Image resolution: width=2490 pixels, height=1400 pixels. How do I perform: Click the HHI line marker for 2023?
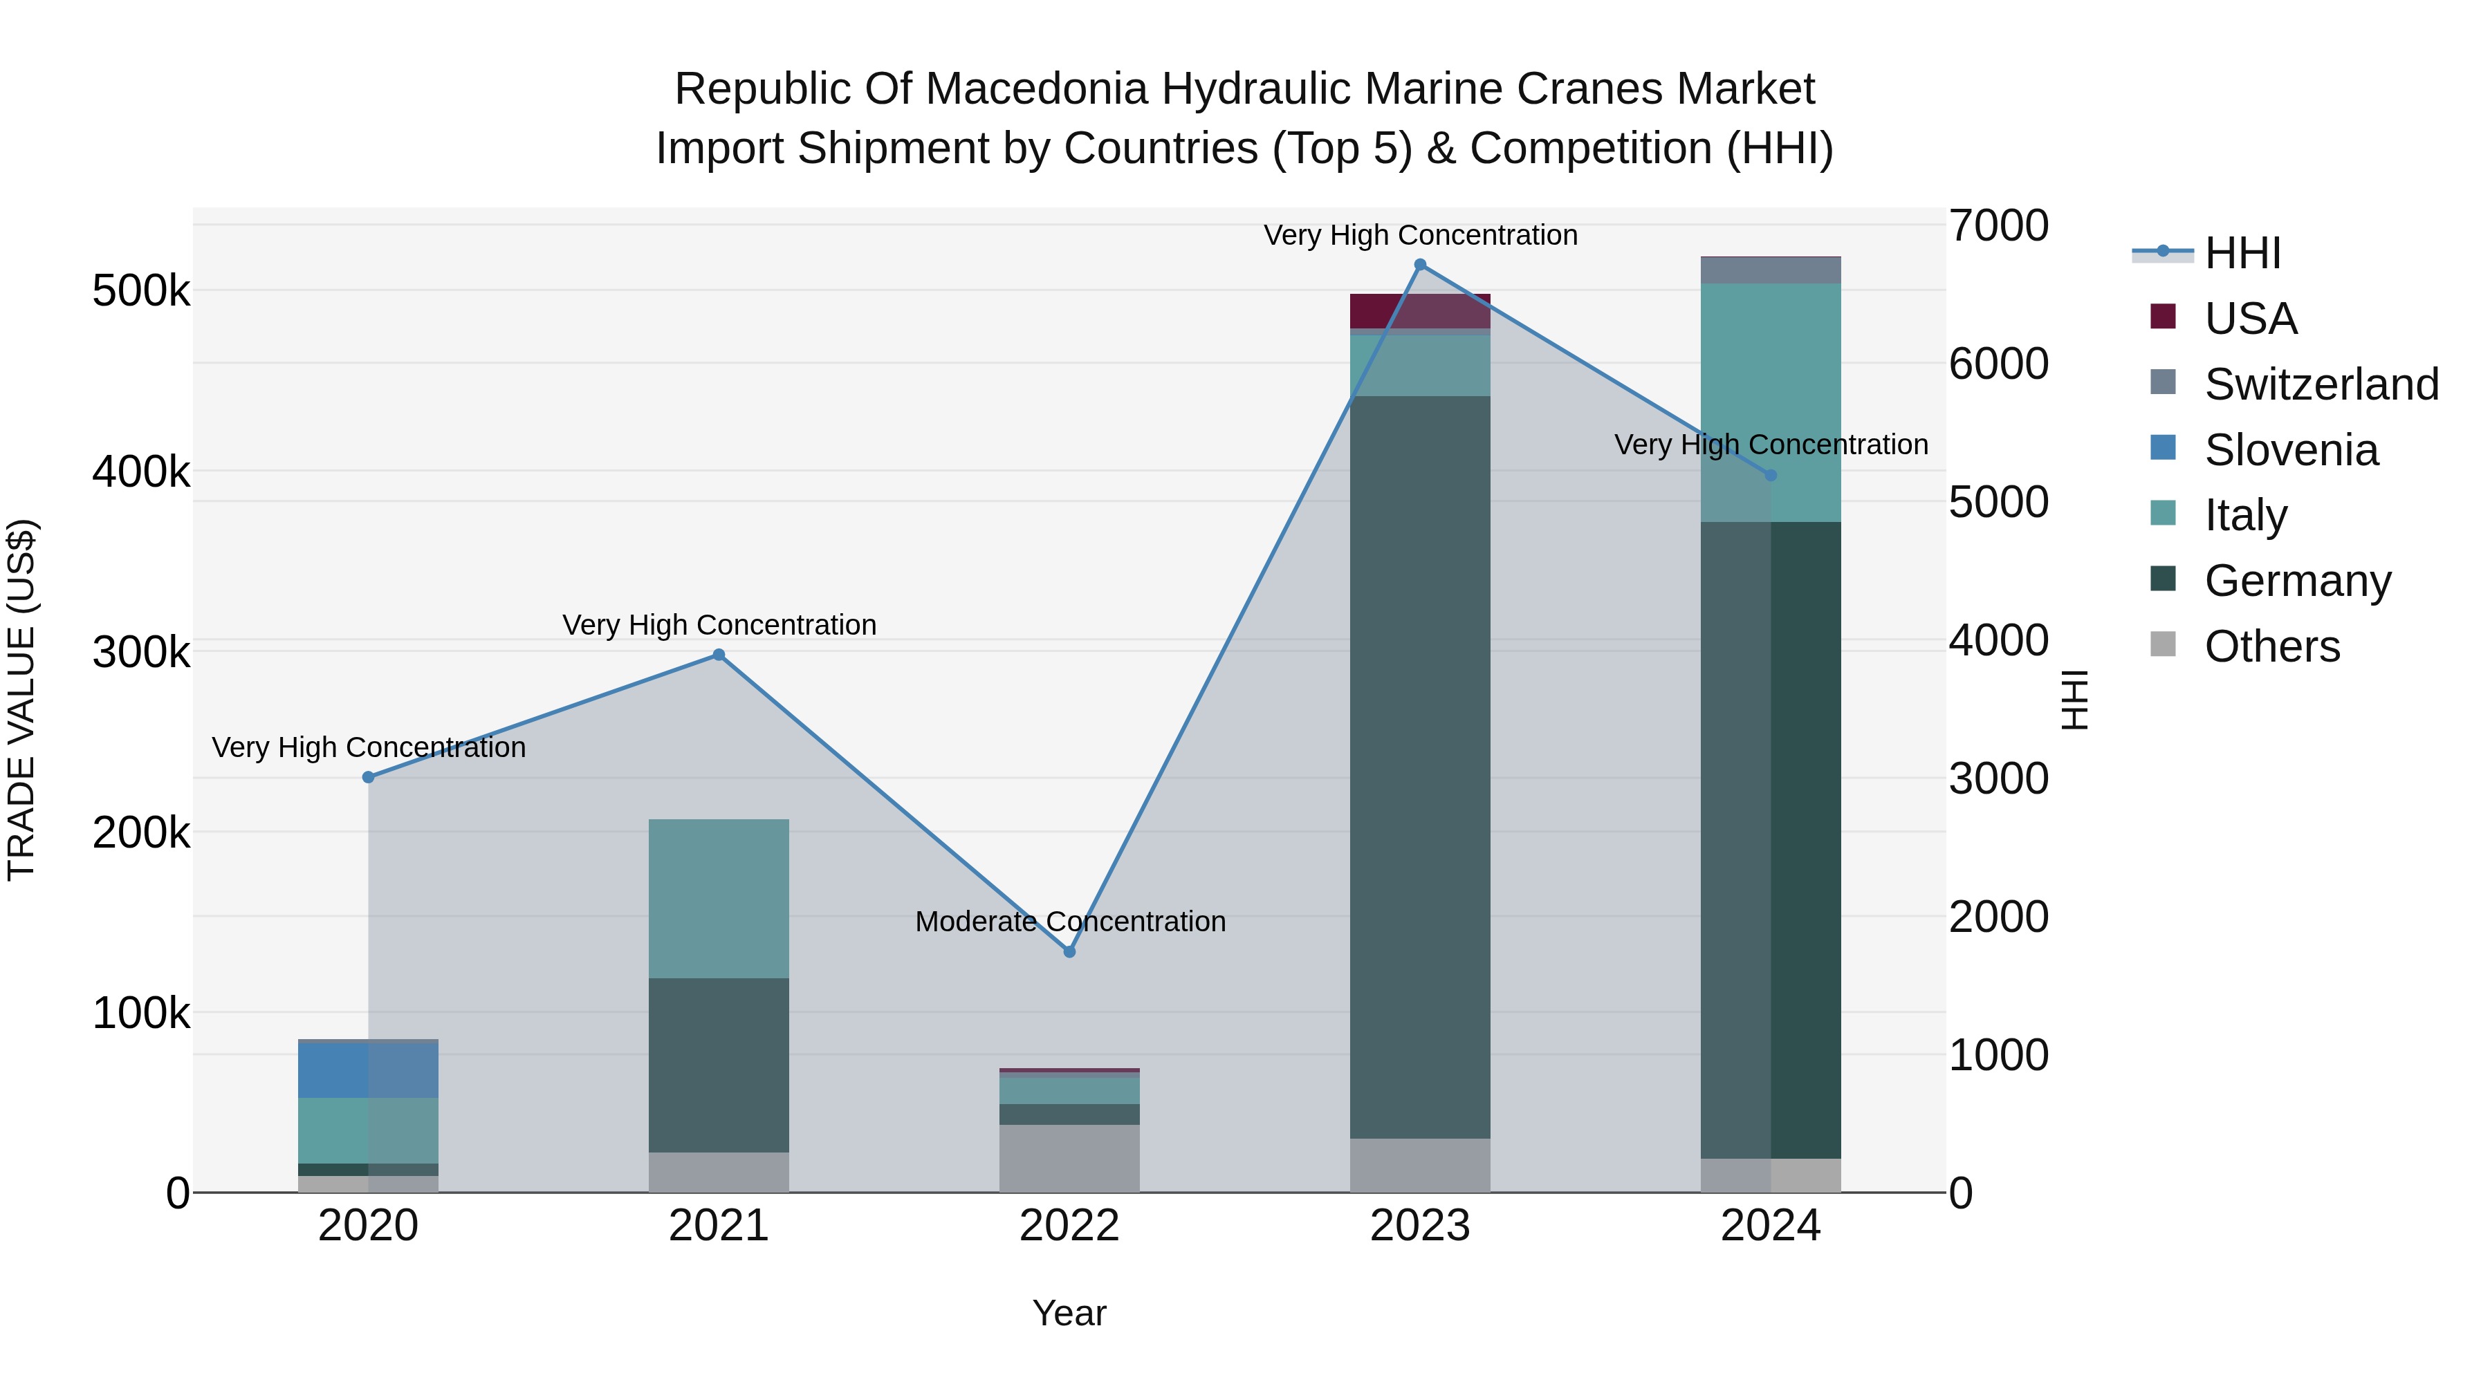pos(1420,265)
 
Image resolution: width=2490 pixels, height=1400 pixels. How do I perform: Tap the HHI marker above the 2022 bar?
pos(1069,952)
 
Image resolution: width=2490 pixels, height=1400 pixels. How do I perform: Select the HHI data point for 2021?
pos(718,655)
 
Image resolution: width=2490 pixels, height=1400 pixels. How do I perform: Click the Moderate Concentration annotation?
pos(1070,922)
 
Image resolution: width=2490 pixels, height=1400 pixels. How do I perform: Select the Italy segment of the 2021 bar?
pos(718,899)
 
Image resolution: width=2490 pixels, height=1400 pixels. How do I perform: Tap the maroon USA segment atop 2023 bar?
pos(1420,311)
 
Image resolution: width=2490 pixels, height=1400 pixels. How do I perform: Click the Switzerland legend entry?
pos(2321,384)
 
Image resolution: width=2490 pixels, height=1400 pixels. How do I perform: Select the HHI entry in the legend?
pos(2242,253)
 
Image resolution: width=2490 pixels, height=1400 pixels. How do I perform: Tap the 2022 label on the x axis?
pos(1069,1226)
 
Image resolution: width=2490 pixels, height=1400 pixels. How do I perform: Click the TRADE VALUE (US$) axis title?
pos(21,700)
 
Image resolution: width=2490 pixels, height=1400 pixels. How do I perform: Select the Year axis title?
pos(1069,1313)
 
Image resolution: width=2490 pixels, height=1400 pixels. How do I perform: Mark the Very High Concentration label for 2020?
pos(368,748)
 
